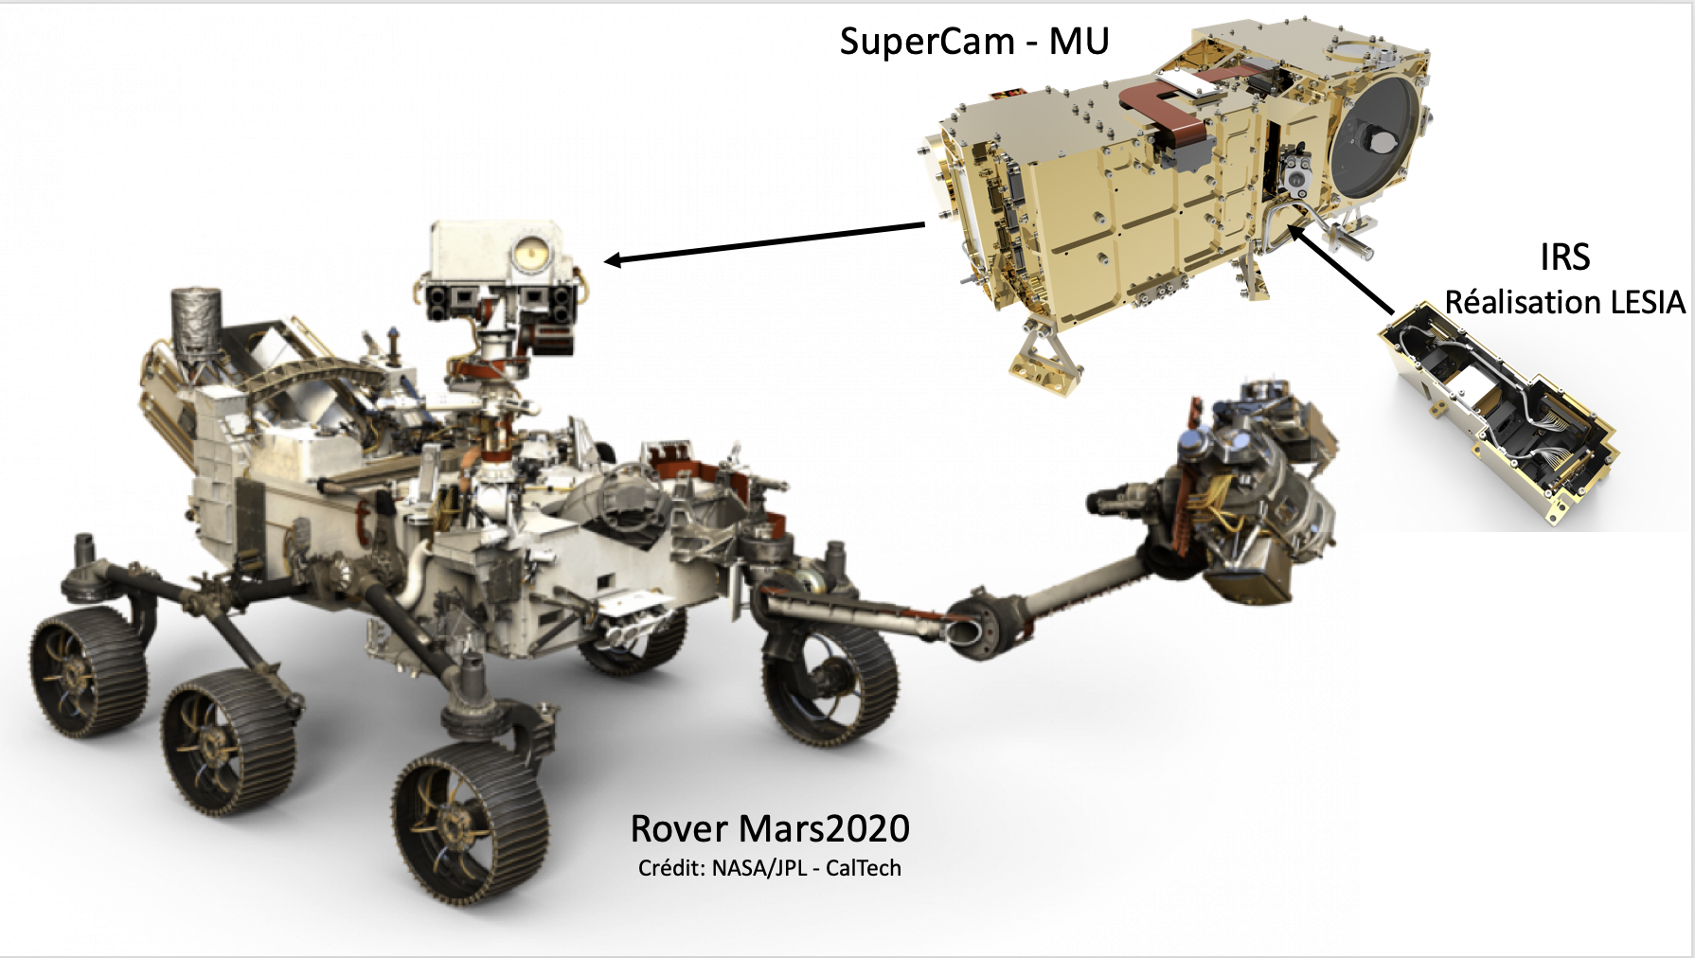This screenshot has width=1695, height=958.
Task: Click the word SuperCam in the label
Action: tap(927, 43)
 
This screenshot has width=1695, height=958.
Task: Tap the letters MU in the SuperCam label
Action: tap(1079, 41)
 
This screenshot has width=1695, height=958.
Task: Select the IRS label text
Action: tap(1564, 257)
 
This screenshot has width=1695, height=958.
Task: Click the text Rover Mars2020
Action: tap(770, 828)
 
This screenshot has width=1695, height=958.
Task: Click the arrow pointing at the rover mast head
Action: tap(765, 241)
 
